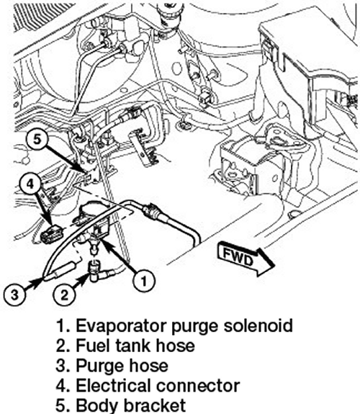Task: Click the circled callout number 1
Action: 144,280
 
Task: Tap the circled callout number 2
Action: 65,294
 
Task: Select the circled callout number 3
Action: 15,294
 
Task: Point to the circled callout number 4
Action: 30,184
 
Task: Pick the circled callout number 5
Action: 37,140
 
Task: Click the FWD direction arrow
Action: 245,258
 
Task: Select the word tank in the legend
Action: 134,346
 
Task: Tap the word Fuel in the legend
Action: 93,346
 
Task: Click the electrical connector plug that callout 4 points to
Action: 53,233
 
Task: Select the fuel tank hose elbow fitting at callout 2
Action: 98,271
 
